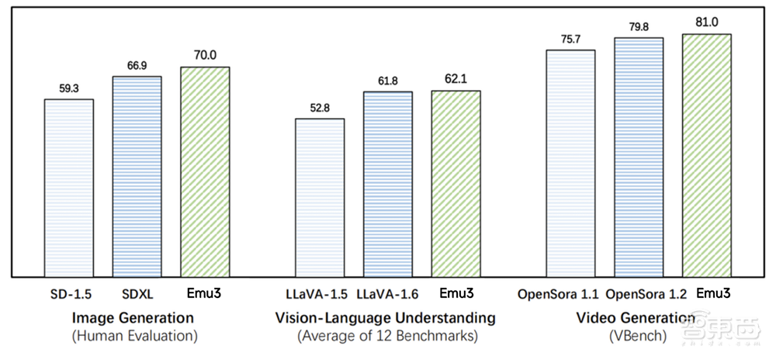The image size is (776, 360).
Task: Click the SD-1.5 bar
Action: pyautogui.click(x=68, y=188)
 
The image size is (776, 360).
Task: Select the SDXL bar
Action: pyautogui.click(x=137, y=176)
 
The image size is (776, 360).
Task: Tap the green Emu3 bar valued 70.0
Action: pyautogui.click(x=205, y=171)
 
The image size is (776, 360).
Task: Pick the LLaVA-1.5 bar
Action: pyautogui.click(x=319, y=198)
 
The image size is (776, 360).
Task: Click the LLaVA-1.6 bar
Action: pyautogui.click(x=387, y=184)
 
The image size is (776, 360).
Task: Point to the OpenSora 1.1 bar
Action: pyautogui.click(x=570, y=163)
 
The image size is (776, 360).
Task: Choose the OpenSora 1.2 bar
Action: pyautogui.click(x=639, y=157)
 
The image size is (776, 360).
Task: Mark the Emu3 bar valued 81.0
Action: pyautogui.click(x=707, y=155)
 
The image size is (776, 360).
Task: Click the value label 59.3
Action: pyautogui.click(x=68, y=89)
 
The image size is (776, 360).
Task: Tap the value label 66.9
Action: pyautogui.click(x=137, y=66)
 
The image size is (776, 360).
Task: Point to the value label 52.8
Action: pyautogui.click(x=319, y=108)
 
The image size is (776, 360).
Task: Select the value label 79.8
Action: pyautogui.click(x=639, y=27)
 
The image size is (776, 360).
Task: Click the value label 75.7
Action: pyautogui.click(x=570, y=40)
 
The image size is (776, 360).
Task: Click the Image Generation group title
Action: pyautogui.click(x=133, y=318)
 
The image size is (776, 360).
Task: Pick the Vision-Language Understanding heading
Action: pyautogui.click(x=385, y=318)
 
